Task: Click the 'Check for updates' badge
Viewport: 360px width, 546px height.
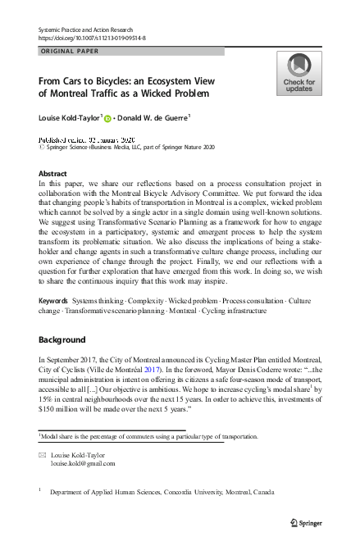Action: pyautogui.click(x=298, y=73)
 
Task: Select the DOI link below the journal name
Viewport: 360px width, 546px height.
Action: pyautogui.click(x=91, y=38)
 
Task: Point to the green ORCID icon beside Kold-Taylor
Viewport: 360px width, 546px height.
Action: pyautogui.click(x=107, y=118)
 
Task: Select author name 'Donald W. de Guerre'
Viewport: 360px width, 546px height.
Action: pyautogui.click(x=153, y=117)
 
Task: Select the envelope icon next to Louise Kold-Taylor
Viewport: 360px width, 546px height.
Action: pyautogui.click(x=42, y=453)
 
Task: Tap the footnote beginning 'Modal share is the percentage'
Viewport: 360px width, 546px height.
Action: pyautogui.click(x=148, y=437)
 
